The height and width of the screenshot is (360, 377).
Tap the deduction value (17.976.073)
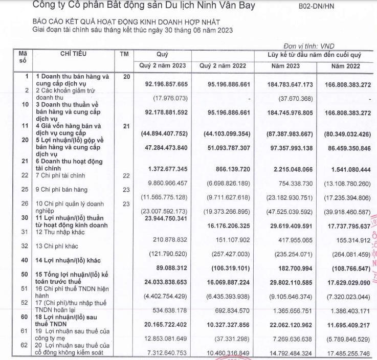pyautogui.click(x=168, y=98)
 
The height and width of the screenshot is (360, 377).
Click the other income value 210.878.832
pyautogui.click(x=168, y=239)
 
